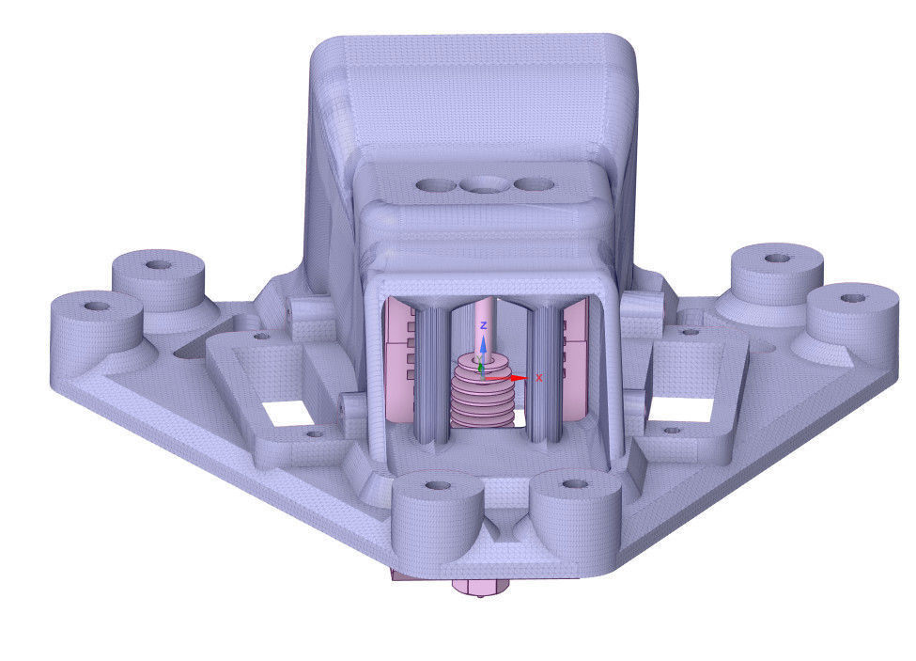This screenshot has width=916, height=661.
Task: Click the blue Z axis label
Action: click(x=483, y=324)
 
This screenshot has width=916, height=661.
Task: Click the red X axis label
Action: click(x=539, y=377)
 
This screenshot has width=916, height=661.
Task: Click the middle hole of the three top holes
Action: click(x=485, y=185)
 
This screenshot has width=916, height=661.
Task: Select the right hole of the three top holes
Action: click(x=534, y=184)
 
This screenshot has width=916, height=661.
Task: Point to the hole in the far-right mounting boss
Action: click(x=852, y=298)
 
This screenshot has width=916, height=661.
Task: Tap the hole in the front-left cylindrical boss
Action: click(x=436, y=487)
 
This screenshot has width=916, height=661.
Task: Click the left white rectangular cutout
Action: click(x=287, y=410)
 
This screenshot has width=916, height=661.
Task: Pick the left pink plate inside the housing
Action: click(x=400, y=357)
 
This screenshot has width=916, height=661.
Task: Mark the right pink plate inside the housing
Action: click(x=574, y=357)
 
